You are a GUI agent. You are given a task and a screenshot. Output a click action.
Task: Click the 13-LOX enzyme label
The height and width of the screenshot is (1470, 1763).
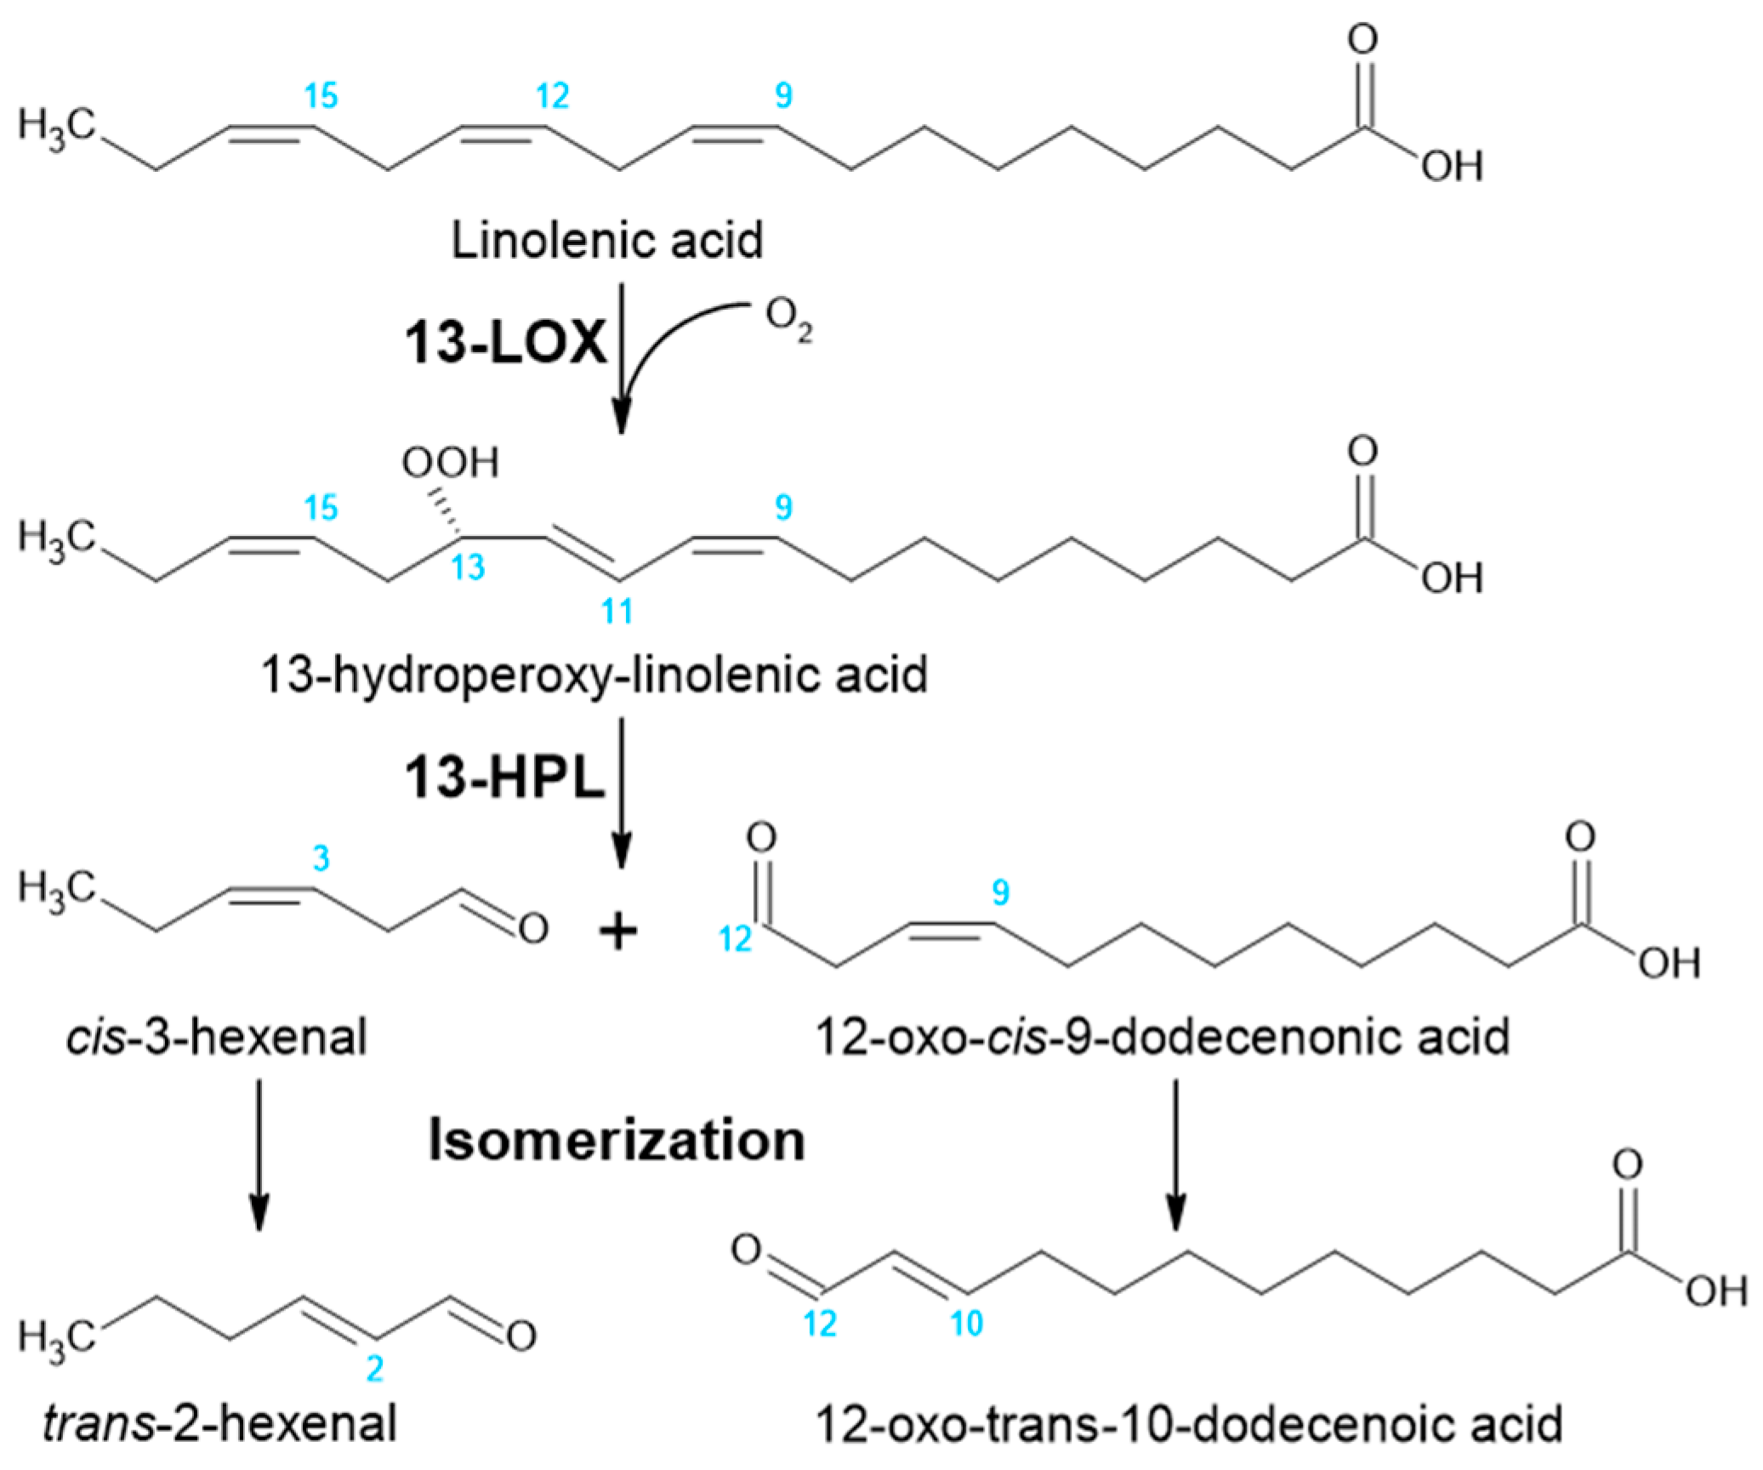click(505, 345)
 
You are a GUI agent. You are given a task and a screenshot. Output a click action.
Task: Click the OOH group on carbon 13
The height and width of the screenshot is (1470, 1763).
click(450, 464)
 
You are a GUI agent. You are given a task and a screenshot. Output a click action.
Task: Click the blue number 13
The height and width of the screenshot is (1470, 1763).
click(467, 567)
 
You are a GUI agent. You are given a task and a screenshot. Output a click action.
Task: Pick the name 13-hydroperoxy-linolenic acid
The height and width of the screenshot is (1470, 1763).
click(593, 675)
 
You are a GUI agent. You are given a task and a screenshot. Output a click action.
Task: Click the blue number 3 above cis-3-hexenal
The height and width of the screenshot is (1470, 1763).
click(320, 859)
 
